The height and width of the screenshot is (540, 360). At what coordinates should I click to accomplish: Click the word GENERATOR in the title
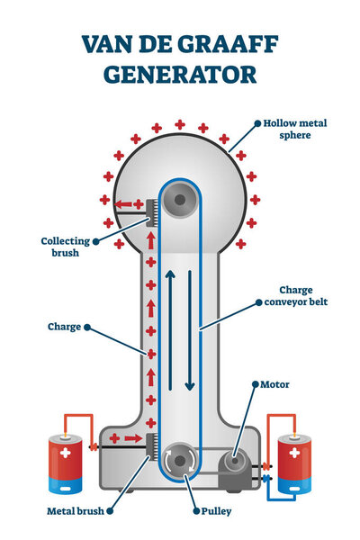coord(180,74)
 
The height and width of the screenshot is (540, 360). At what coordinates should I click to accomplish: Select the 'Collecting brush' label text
coord(66,247)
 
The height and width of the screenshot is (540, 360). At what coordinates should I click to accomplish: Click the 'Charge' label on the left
coord(64,328)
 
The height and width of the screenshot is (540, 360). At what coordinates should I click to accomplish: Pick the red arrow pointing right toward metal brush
coord(130,439)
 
